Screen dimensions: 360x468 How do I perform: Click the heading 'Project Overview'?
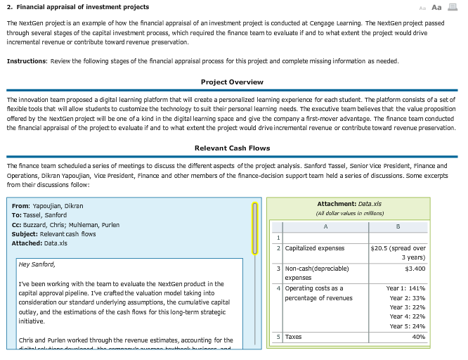tap(232, 82)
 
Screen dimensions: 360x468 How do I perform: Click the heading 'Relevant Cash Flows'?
tap(232, 148)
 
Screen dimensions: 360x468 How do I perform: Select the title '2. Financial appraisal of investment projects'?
tap(78, 7)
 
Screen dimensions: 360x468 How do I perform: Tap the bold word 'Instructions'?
tap(26, 61)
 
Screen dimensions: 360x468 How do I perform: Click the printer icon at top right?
tap(453, 7)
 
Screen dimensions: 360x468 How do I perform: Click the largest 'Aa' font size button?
tap(436, 7)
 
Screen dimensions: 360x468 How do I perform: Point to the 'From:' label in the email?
tap(20, 205)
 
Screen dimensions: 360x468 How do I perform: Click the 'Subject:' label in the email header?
tap(25, 234)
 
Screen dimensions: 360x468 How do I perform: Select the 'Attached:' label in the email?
tap(27, 243)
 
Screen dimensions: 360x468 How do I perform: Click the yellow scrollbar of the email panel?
tap(256, 228)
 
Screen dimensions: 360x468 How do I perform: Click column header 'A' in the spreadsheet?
tap(325, 226)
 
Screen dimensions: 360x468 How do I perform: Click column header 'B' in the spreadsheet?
tap(398, 226)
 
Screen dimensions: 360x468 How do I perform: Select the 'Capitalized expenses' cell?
tap(315, 248)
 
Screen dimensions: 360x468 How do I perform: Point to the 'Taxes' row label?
tap(292, 337)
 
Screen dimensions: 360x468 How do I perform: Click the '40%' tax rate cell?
tap(418, 337)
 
